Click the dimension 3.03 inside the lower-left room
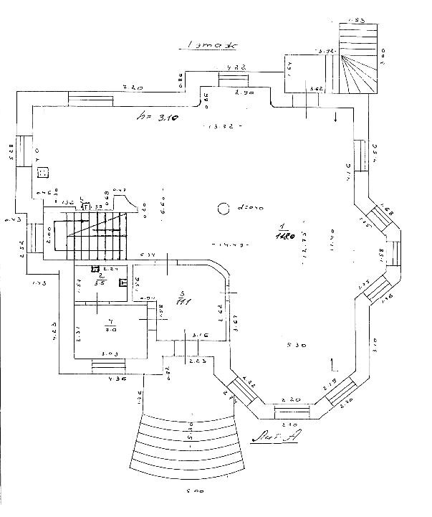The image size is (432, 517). (x=110, y=354)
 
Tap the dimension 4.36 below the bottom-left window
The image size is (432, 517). (x=115, y=379)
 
